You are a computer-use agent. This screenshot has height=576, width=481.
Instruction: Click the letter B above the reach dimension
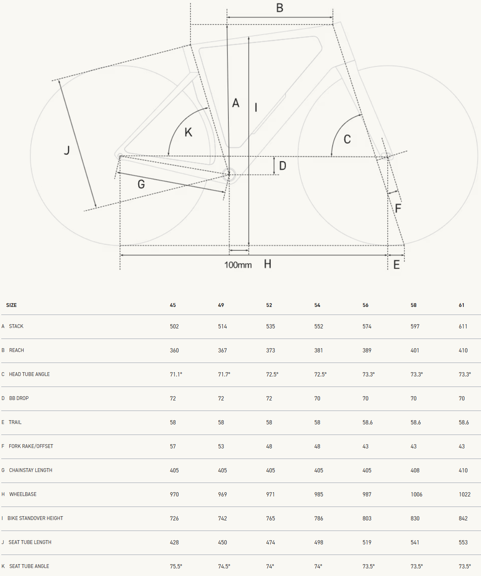click(x=280, y=8)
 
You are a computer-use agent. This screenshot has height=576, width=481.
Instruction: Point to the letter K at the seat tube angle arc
click(x=188, y=132)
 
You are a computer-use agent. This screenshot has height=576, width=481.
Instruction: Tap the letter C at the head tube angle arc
click(x=347, y=139)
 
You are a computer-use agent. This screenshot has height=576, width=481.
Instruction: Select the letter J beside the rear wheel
click(x=67, y=150)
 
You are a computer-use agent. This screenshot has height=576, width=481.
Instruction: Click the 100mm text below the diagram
click(x=238, y=265)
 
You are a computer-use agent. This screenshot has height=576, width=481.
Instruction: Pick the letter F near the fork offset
click(x=398, y=208)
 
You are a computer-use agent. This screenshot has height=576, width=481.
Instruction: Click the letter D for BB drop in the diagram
click(x=283, y=166)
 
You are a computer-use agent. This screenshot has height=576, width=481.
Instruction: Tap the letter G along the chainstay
click(x=141, y=184)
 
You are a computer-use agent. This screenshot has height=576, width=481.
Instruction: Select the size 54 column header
click(x=317, y=305)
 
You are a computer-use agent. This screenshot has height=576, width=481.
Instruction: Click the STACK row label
click(x=16, y=326)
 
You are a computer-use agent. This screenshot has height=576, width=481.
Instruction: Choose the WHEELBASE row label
click(x=23, y=494)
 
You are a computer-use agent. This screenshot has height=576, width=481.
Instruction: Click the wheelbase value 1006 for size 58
click(x=417, y=494)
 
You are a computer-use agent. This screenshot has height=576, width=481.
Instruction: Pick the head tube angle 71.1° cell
click(x=176, y=374)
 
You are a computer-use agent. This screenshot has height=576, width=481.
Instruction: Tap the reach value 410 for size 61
click(x=463, y=350)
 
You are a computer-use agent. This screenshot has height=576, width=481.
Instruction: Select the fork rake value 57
click(x=173, y=446)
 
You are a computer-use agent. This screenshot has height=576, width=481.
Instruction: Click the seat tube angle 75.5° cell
click(x=176, y=566)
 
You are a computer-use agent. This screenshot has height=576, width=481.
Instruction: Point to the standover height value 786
click(x=318, y=518)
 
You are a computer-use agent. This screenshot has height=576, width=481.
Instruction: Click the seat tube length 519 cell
click(x=367, y=542)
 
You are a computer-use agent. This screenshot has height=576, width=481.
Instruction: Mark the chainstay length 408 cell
click(x=415, y=470)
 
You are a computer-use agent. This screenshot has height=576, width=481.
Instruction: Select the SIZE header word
click(x=11, y=305)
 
